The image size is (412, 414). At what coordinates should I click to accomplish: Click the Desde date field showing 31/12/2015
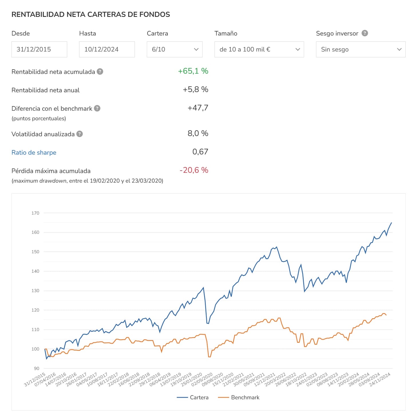(x=39, y=49)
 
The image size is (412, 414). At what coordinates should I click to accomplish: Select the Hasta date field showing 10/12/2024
(x=107, y=49)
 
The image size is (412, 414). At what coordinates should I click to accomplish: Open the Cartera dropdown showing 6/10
(x=175, y=49)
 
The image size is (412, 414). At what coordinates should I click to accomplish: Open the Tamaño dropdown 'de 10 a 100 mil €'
(x=259, y=49)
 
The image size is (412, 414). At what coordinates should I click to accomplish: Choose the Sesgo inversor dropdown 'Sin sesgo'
(x=360, y=49)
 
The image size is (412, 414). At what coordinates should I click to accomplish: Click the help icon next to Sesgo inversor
(x=365, y=33)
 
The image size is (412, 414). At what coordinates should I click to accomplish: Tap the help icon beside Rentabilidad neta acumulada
(x=100, y=72)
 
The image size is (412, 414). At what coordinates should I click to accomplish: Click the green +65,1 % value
(x=193, y=71)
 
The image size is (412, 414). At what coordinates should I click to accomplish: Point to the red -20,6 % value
(x=194, y=170)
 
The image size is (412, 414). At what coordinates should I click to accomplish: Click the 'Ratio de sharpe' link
(x=34, y=152)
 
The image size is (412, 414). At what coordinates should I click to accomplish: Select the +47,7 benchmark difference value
(x=198, y=108)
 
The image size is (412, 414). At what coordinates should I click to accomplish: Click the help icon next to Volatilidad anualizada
(x=80, y=134)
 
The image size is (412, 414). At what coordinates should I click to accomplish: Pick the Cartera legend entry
(x=193, y=397)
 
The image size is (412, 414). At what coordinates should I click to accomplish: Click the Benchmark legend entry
(x=239, y=397)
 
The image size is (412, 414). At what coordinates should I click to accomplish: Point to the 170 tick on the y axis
(x=35, y=213)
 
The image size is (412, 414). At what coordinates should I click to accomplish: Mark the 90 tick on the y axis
(x=37, y=369)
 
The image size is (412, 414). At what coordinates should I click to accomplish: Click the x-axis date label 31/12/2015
(x=35, y=380)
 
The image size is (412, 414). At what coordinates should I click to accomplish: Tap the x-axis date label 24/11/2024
(x=380, y=380)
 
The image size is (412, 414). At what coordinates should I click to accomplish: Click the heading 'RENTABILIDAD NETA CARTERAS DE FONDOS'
(x=91, y=14)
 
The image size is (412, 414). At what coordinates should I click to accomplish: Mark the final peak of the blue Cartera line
(x=391, y=223)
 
